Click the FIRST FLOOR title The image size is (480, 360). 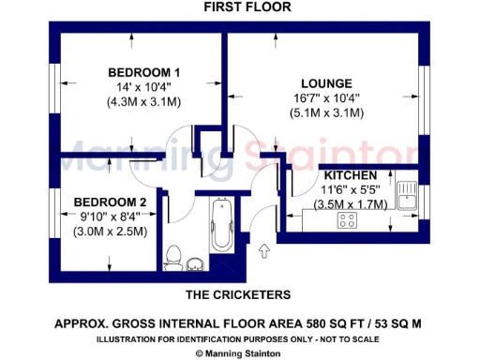247,7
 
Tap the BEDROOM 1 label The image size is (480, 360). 143,72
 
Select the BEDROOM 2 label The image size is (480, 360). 111,202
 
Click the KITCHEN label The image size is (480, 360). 351,175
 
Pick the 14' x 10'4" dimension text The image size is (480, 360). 143,87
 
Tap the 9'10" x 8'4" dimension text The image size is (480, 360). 111,217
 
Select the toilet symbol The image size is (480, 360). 172,256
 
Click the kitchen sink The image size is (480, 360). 407,195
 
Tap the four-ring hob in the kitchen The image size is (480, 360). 349,221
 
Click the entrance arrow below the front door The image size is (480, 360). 264,250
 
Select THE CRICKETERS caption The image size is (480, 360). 237,294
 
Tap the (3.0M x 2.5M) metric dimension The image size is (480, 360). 111,232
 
